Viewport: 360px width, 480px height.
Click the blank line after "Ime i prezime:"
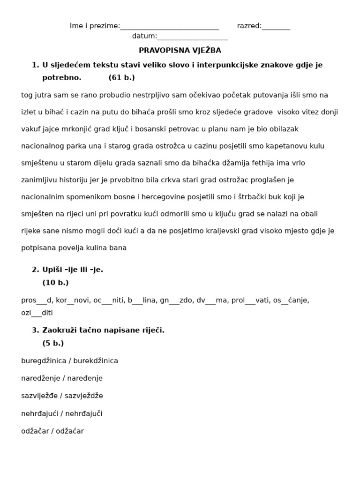[x=170, y=27]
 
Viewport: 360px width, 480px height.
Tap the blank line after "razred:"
[x=276, y=27]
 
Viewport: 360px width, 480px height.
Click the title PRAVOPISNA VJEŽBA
[x=180, y=50]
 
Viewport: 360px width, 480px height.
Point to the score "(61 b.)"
[x=121, y=78]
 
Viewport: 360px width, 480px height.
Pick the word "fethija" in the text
[x=265, y=163]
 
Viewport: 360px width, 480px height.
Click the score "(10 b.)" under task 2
[x=55, y=283]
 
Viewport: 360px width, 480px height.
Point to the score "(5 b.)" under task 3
[x=53, y=343]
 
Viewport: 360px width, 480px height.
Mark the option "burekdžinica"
[x=96, y=361]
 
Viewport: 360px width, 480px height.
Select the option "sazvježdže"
[x=84, y=396]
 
